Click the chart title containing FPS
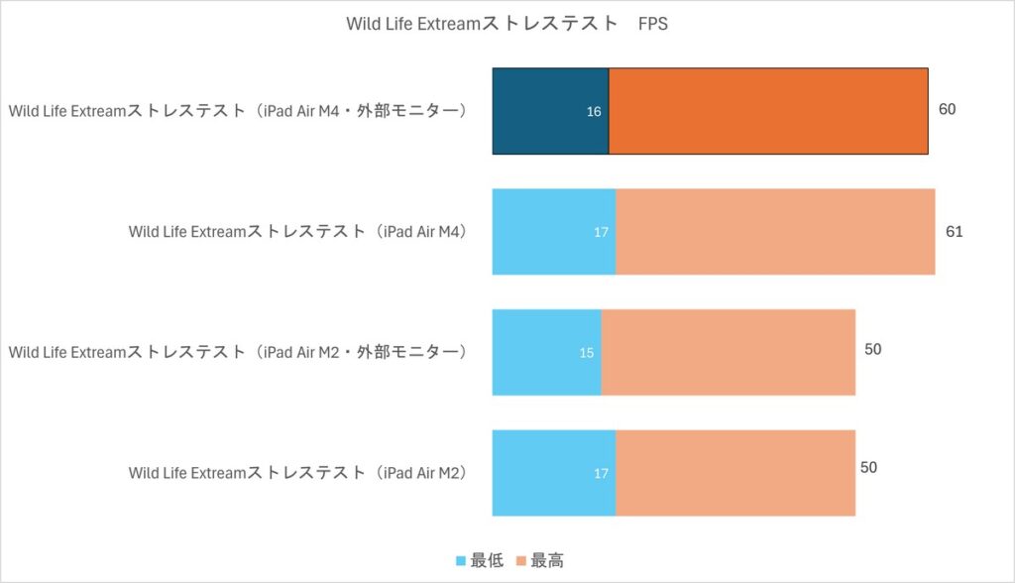pos(507,24)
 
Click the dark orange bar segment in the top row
pos(768,111)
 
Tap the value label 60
pos(947,109)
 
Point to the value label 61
pos(954,232)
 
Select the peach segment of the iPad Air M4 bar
pos(775,232)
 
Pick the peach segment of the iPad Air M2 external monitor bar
pos(728,352)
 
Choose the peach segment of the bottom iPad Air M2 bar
pos(735,473)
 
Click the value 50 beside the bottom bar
pos(868,468)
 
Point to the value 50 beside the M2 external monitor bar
pos(872,349)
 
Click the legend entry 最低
pos(479,561)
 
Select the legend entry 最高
pos(539,561)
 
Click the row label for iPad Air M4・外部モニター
pos(238,111)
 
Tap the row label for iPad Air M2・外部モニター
pos(238,352)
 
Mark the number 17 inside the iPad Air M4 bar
pos(601,233)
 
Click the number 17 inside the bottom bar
pos(601,474)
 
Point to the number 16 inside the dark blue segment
pos(594,112)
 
